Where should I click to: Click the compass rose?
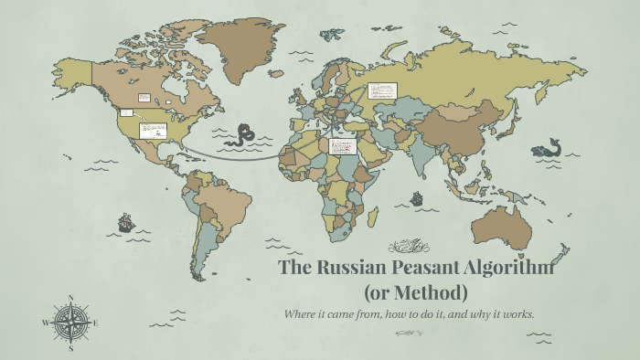tap(71, 322)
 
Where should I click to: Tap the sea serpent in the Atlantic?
tap(244, 135)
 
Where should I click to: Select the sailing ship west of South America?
tap(125, 222)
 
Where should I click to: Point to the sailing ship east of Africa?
tap(417, 197)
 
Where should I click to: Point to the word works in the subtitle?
tap(516, 315)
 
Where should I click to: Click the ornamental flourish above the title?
tap(409, 246)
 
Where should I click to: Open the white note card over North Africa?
tap(342, 146)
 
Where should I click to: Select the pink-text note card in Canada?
tap(144, 97)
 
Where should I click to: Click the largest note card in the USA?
tap(153, 129)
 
